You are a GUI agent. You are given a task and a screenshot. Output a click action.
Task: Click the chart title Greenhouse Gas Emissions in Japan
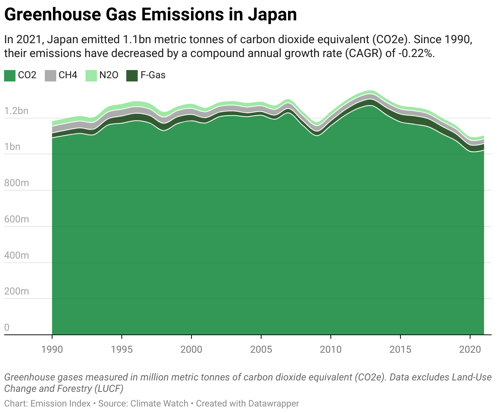coord(150,15)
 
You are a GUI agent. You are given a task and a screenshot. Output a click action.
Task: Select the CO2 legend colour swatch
coord(10,75)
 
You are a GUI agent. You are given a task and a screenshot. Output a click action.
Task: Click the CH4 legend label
coord(68,75)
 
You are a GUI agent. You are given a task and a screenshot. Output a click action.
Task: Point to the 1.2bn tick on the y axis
coord(16,111)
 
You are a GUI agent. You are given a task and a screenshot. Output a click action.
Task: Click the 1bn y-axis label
coord(12,147)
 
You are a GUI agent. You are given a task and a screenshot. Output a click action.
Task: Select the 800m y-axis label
coord(16,183)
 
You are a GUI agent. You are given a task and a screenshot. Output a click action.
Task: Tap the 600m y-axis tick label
coord(16,219)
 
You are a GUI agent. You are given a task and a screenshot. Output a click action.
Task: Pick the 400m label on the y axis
coord(16,255)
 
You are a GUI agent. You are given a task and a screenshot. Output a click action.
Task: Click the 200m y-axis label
coord(16,291)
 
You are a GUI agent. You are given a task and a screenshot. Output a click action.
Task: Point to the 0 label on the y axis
coord(7,327)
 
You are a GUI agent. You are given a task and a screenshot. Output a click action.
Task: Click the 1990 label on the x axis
coord(52,349)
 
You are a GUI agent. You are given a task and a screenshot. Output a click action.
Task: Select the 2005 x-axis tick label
coord(261,349)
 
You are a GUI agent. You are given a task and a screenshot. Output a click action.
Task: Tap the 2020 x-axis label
coord(470,349)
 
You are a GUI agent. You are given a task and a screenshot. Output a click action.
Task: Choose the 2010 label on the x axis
coord(331,349)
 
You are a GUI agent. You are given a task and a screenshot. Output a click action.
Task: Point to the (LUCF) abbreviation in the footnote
coord(109,389)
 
